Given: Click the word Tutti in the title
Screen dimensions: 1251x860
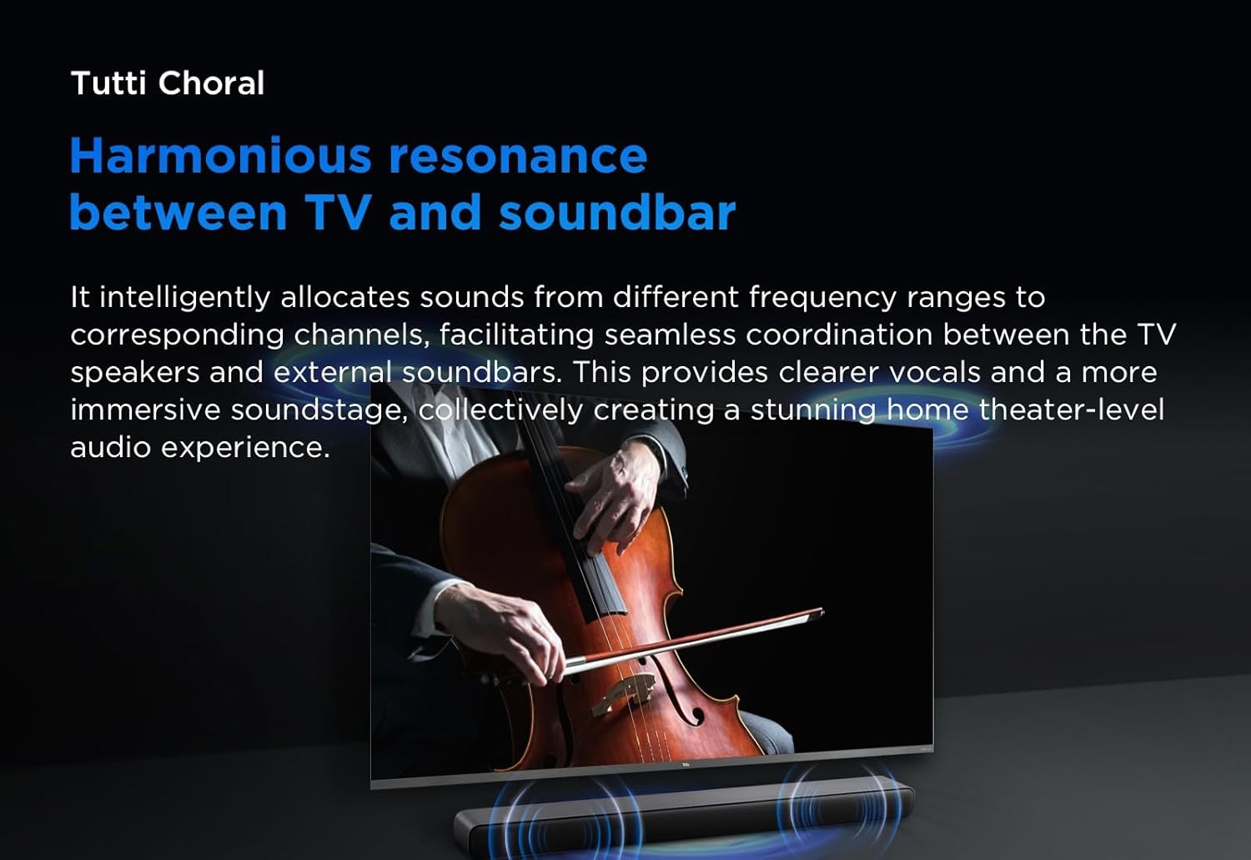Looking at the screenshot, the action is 108,83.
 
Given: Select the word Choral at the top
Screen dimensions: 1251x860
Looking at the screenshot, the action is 211,83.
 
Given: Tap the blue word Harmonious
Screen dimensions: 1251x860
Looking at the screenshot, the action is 221,156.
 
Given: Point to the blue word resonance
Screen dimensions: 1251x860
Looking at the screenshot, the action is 518,157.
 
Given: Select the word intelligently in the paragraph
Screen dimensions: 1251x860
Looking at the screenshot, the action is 185,298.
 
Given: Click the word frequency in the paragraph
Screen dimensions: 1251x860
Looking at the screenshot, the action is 822,298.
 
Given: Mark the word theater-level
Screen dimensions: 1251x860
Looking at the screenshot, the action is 1071,410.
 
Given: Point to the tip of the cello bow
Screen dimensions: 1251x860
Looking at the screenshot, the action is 821,611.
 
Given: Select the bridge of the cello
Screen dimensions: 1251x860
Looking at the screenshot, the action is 624,693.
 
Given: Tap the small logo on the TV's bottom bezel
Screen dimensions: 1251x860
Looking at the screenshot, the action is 686,763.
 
